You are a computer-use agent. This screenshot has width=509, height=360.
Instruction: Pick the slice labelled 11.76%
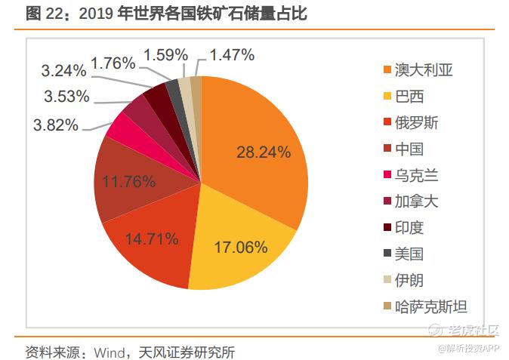[128, 181]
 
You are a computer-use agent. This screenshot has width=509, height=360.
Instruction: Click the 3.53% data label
[66, 97]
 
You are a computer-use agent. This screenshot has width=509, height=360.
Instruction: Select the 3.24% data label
[63, 71]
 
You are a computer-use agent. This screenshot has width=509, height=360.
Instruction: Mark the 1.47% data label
[233, 55]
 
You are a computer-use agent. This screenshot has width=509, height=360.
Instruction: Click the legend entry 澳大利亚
[426, 71]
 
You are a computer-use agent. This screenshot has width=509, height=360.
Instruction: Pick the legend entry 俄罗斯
[418, 123]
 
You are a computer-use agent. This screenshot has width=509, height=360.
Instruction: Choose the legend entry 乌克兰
[418, 175]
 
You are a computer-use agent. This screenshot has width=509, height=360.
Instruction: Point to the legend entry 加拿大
[418, 202]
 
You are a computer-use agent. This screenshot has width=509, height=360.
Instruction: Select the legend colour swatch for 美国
[387, 254]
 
